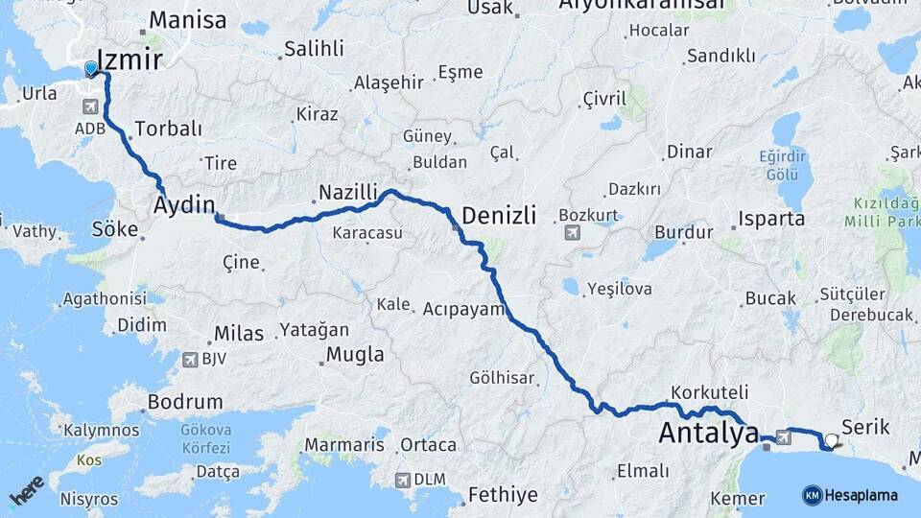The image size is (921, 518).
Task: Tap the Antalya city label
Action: click(708, 434)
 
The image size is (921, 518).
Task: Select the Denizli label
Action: click(499, 215)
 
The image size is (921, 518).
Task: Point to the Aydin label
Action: click(184, 204)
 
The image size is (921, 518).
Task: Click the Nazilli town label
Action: click(348, 192)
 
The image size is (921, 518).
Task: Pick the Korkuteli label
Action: click(710, 392)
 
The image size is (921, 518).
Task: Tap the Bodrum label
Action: click(186, 402)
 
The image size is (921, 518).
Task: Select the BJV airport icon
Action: click(191, 360)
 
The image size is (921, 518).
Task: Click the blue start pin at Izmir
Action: click(90, 68)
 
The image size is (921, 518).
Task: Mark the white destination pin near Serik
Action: click(832, 440)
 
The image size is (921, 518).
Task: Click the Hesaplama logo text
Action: click(862, 496)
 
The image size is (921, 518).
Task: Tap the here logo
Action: click(27, 490)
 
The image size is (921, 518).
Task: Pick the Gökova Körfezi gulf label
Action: click(205, 439)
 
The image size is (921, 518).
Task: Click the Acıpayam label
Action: click(463, 309)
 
